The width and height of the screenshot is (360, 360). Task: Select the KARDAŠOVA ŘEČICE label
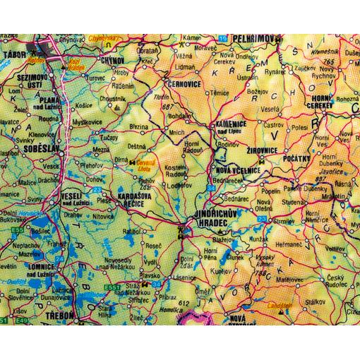coord(128,200)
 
